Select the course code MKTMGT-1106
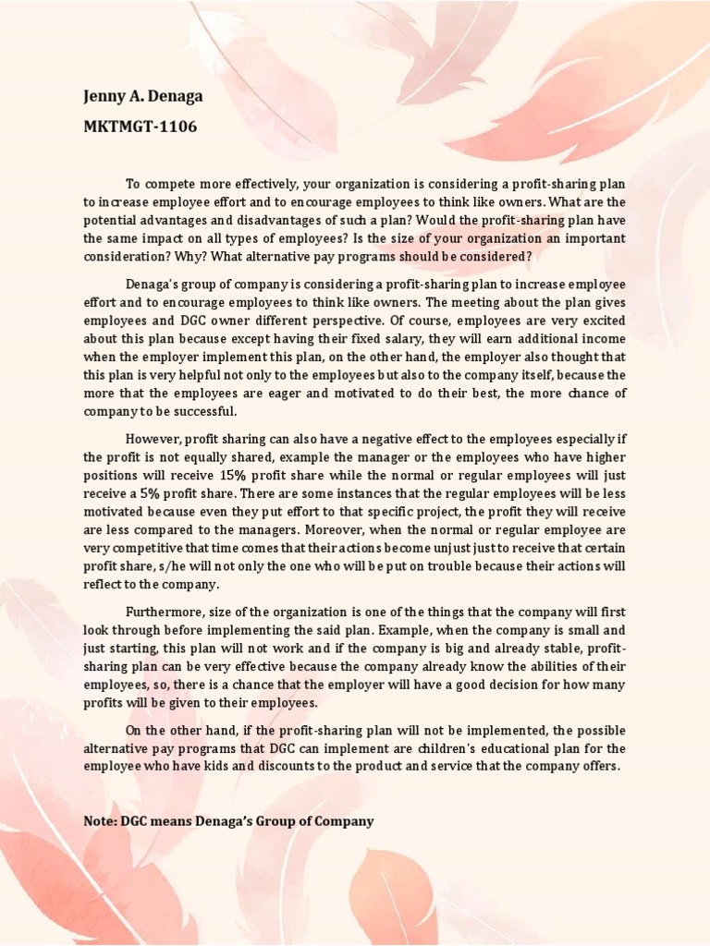141,127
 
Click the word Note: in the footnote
101,820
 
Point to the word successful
200,411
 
